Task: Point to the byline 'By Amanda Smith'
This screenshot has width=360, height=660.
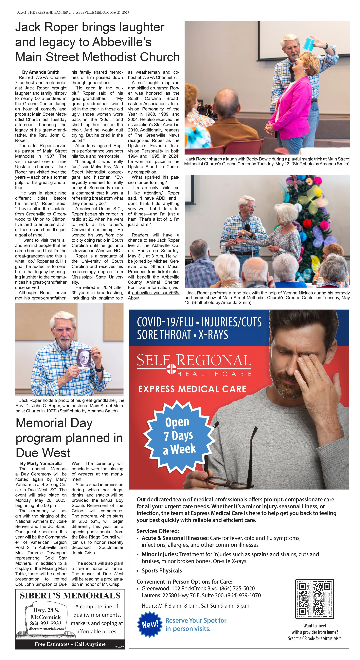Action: pos(41,72)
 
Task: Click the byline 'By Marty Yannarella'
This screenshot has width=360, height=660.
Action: pos(41,463)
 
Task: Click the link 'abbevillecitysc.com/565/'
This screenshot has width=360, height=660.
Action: pos(156,293)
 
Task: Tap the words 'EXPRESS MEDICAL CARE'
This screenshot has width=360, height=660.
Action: pos(192,389)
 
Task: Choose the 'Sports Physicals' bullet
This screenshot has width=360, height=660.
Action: pos(162,571)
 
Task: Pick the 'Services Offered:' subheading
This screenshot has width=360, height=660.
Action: pos(158,531)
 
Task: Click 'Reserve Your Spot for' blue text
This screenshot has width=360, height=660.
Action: pos(196,620)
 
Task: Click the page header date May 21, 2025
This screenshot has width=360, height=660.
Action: pos(120,12)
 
